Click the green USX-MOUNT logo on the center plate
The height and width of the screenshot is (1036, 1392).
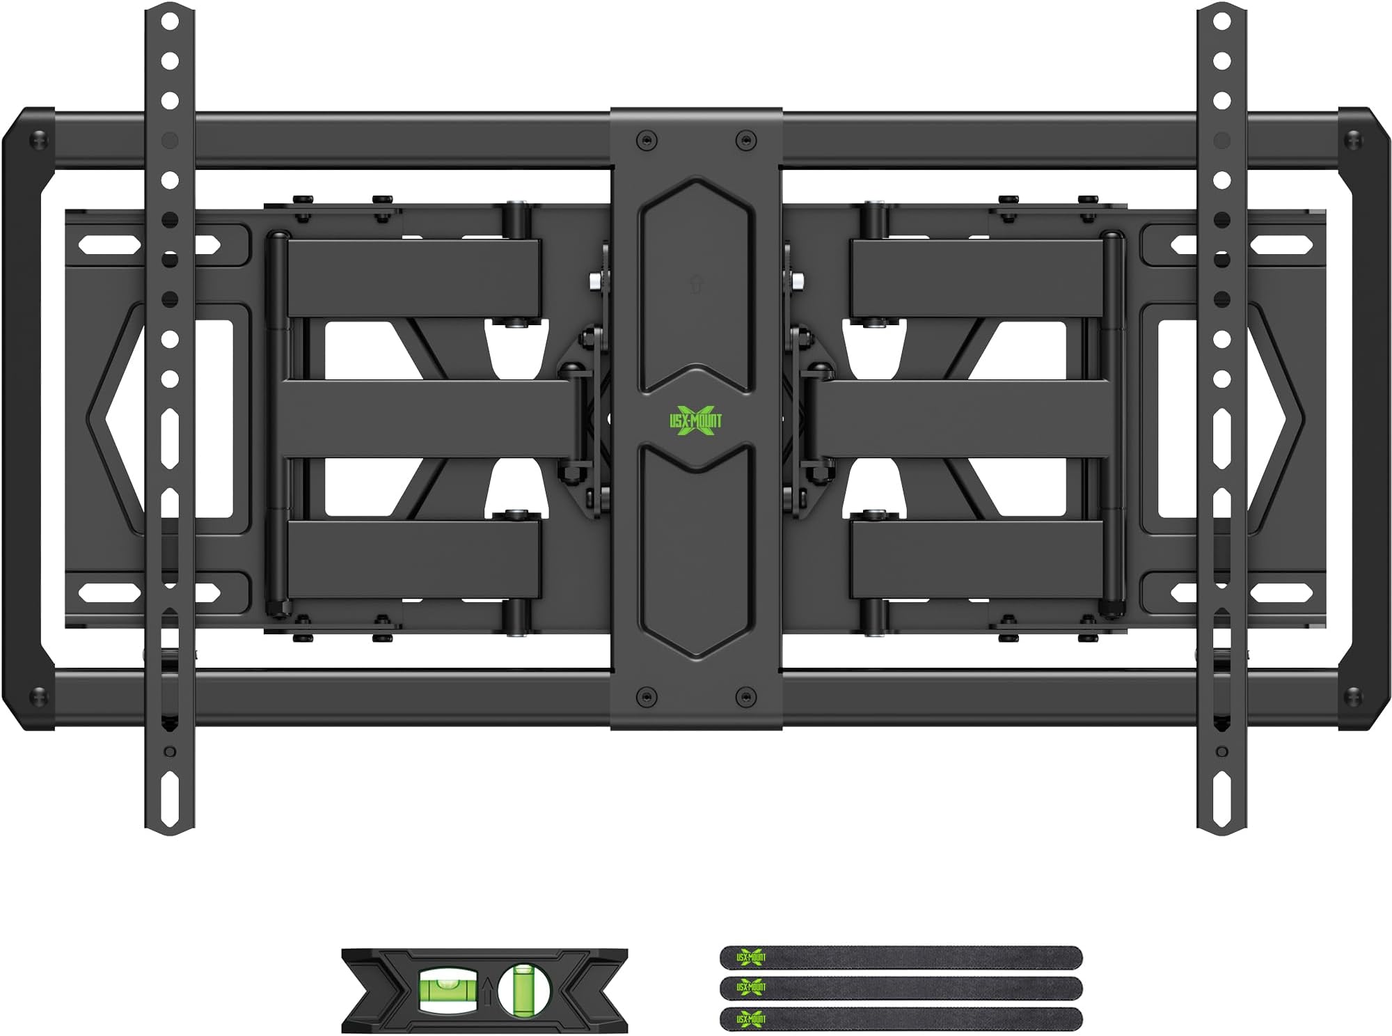[695, 419]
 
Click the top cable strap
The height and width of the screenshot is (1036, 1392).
[901, 957]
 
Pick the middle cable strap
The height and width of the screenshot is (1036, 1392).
[901, 987]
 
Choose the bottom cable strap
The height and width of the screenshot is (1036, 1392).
[901, 1019]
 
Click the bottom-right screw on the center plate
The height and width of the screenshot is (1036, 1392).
[745, 696]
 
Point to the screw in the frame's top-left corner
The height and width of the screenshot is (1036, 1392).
[39, 141]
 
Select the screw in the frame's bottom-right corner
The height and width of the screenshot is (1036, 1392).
[1353, 696]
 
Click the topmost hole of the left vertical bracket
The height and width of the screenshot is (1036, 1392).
[170, 22]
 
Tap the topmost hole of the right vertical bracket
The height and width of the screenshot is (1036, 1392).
[1221, 22]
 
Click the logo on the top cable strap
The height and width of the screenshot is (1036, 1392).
[751, 957]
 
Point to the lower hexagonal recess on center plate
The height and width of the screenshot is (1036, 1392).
[695, 550]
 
